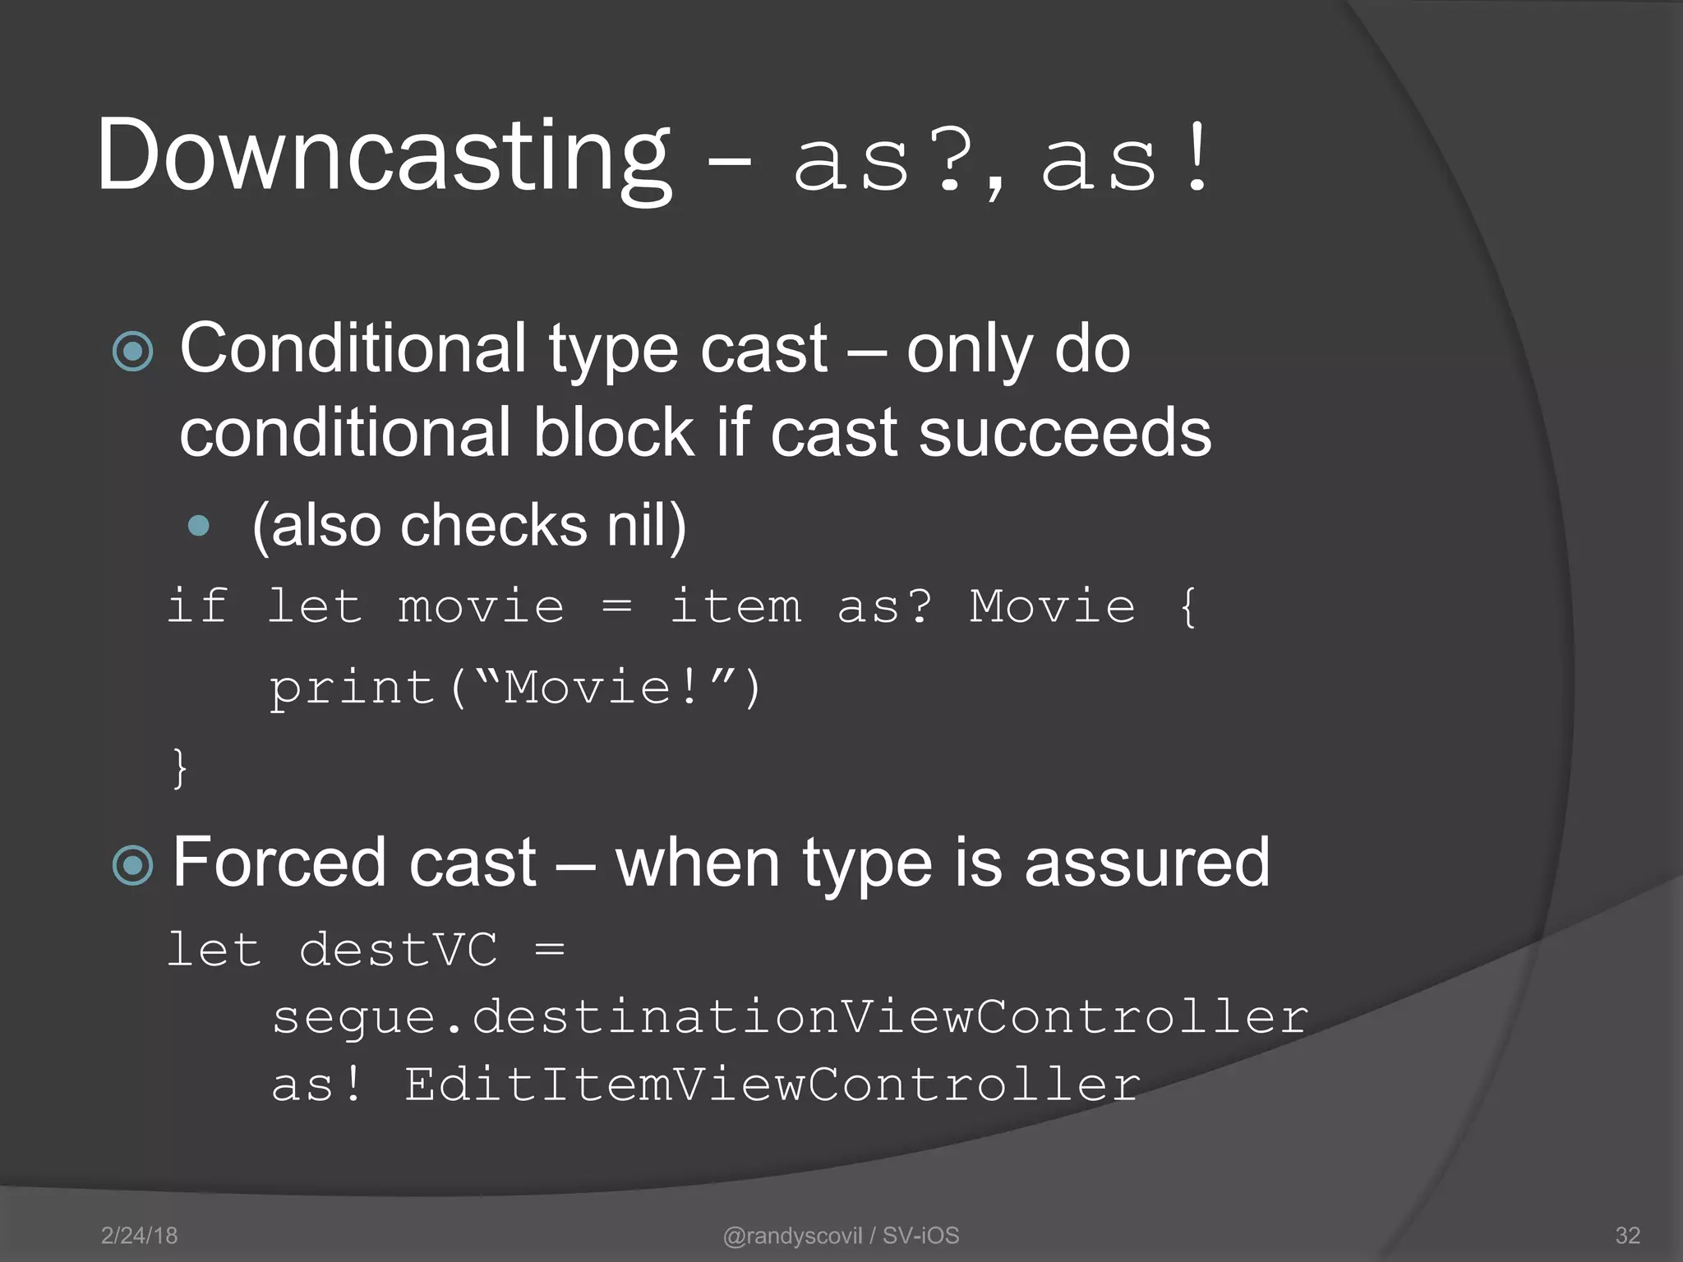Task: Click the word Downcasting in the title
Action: [x=384, y=156]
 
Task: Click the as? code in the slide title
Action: [x=883, y=161]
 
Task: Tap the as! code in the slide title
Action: [x=1124, y=161]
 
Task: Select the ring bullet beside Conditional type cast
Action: [x=133, y=352]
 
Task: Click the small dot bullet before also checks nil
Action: [x=199, y=526]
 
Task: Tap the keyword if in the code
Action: [x=197, y=606]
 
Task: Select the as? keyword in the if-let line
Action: [x=884, y=608]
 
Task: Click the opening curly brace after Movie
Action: [x=1187, y=608]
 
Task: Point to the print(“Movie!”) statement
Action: [x=516, y=687]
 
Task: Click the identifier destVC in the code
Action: [x=398, y=951]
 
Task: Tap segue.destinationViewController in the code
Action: [x=790, y=1018]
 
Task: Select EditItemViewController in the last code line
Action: [x=772, y=1085]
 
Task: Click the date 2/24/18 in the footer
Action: [x=139, y=1236]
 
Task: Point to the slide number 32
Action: [x=1627, y=1236]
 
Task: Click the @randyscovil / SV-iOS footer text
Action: [x=841, y=1236]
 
